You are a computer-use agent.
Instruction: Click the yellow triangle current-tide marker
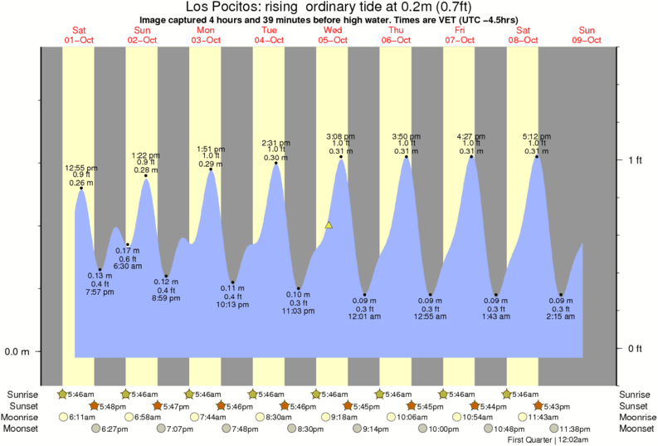329,225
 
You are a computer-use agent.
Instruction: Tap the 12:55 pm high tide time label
81,167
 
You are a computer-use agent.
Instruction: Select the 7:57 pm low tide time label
99,292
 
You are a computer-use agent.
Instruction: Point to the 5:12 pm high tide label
536,135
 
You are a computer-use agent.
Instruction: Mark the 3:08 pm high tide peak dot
340,157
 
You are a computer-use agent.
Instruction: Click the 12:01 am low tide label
365,316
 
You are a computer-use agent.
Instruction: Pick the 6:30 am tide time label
127,266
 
